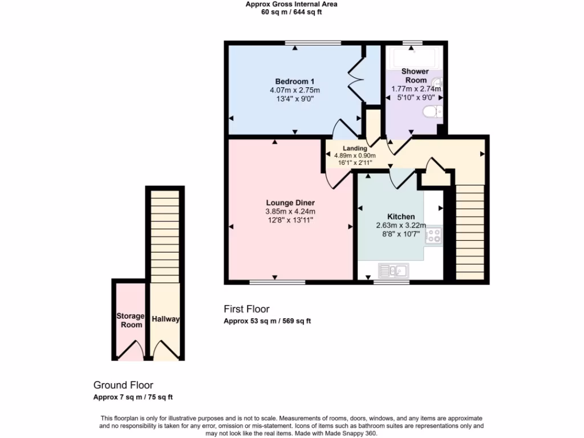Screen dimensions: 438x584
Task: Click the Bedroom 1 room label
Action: (x=294, y=81)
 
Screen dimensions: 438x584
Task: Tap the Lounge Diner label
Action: (x=290, y=202)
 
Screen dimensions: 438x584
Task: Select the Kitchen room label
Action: (x=400, y=217)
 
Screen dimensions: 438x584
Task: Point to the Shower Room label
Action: (x=415, y=76)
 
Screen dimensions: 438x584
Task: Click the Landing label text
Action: (x=355, y=148)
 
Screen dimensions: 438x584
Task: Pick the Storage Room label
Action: (x=129, y=320)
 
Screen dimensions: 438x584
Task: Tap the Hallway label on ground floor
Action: (x=165, y=319)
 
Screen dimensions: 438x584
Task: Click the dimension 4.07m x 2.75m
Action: (x=294, y=90)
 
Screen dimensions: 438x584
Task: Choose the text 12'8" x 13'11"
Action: (x=290, y=220)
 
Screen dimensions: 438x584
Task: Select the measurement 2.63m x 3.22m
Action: (x=400, y=225)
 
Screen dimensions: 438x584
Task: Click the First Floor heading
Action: (x=246, y=309)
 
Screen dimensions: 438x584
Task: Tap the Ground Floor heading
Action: (x=123, y=385)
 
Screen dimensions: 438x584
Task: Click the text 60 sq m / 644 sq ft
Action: (x=291, y=12)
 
